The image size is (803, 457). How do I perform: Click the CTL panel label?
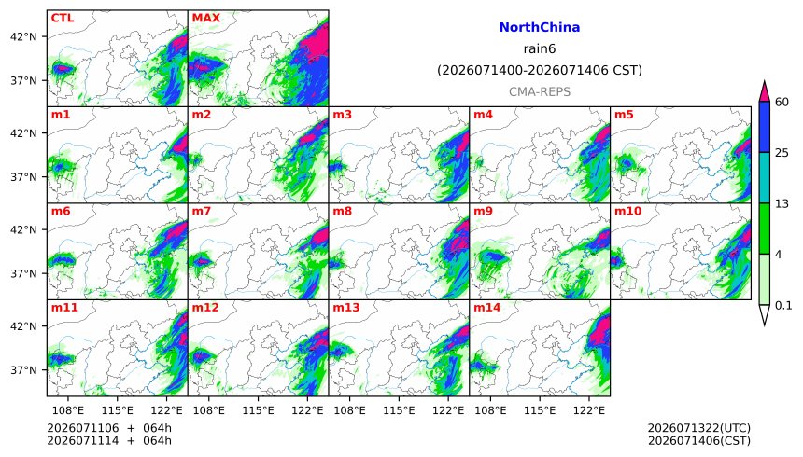(x=62, y=18)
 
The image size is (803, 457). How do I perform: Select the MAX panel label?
(x=205, y=18)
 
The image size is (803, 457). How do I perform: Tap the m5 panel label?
(x=624, y=115)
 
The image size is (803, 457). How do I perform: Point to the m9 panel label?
(x=483, y=211)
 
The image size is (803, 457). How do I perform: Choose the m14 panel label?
(x=486, y=307)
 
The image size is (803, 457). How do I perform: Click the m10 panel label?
(x=627, y=211)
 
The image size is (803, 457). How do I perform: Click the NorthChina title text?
(x=540, y=27)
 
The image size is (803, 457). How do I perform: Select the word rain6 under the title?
(x=540, y=48)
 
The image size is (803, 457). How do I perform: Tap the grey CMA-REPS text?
(x=540, y=92)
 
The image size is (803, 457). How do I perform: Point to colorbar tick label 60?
(x=782, y=102)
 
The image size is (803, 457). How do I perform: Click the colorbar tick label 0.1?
(x=783, y=306)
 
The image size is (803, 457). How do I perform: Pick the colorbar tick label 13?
(x=782, y=203)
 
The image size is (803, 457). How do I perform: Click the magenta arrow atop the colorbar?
(x=764, y=91)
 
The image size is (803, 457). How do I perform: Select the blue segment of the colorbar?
(x=764, y=127)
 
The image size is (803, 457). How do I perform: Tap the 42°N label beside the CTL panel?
(x=23, y=37)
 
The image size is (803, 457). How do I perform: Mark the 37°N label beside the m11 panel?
(x=23, y=370)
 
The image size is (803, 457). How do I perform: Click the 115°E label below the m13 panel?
(x=399, y=410)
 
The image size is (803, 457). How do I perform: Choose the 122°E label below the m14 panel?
(x=589, y=410)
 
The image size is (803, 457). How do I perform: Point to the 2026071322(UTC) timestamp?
(x=699, y=428)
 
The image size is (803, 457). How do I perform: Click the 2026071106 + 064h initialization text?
(x=109, y=428)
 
